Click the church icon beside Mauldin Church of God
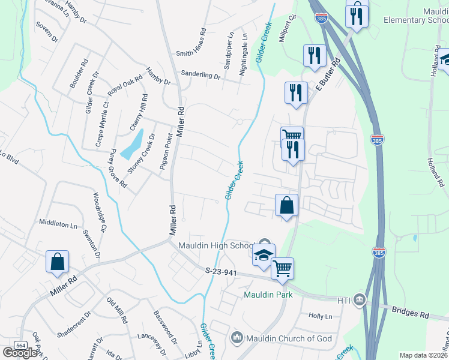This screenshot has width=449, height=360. [x=236, y=338]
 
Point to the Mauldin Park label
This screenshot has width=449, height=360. [x=267, y=295]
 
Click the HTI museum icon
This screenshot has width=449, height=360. [x=359, y=299]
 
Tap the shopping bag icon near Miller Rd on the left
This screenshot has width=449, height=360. [x=58, y=262]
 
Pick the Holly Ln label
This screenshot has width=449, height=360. [x=320, y=316]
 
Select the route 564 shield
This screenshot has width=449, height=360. [x=21, y=346]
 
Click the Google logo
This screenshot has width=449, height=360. [x=20, y=353]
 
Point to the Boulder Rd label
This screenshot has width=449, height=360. [x=79, y=74]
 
